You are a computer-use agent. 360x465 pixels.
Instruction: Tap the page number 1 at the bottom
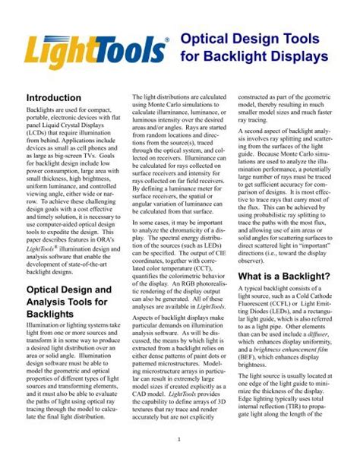pos(180,439)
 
